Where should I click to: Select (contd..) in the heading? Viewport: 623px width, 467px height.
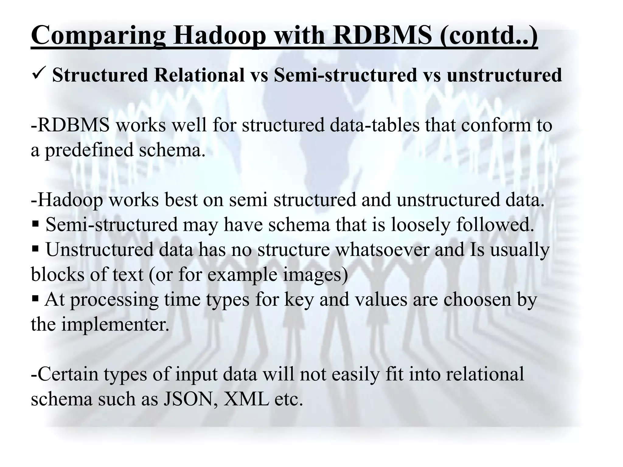[x=489, y=36]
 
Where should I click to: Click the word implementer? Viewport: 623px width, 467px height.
[x=115, y=325]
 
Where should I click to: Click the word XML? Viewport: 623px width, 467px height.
[x=246, y=399]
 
